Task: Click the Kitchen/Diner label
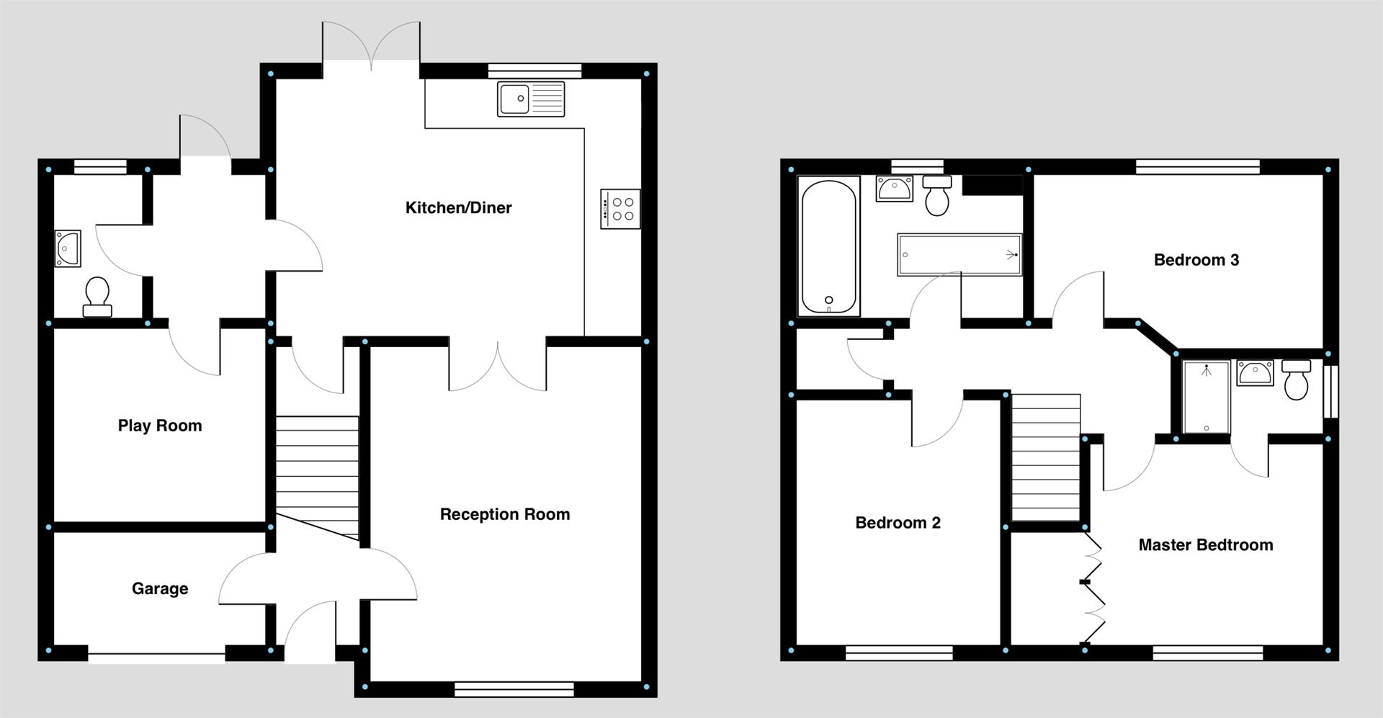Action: [x=458, y=208]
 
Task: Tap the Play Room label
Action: [x=160, y=426]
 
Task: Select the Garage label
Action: [x=160, y=588]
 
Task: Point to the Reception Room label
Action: [x=504, y=514]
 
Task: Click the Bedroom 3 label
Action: [x=1196, y=260]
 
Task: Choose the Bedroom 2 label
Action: [x=898, y=523]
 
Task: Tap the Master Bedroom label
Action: [x=1205, y=545]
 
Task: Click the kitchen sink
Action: [x=531, y=99]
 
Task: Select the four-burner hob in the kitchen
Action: [x=620, y=209]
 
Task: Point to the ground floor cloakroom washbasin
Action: [x=68, y=248]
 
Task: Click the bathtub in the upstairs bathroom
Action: [x=829, y=246]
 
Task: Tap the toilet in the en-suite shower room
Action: [x=1296, y=380]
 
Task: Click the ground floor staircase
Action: [x=317, y=475]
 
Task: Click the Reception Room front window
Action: [x=514, y=689]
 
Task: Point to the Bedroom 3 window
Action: [x=1197, y=167]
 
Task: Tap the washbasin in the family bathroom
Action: [x=894, y=189]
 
